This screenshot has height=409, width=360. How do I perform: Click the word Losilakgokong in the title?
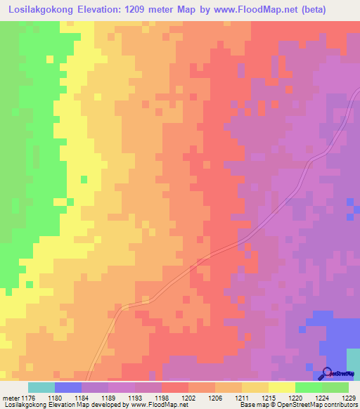point(40,10)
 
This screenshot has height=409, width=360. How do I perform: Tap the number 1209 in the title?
point(158,10)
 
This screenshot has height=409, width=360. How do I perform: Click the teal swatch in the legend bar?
point(41,387)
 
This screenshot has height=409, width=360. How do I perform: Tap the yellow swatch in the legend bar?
point(281,387)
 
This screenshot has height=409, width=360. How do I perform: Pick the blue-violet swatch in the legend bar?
point(67,387)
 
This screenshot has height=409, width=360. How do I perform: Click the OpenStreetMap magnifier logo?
point(328,374)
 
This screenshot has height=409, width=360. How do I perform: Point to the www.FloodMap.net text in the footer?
point(154,405)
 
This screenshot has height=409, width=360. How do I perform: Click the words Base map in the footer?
point(252,405)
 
